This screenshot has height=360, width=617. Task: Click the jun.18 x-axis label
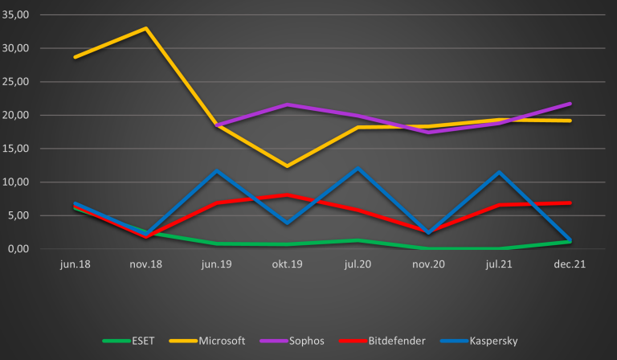[x=75, y=264]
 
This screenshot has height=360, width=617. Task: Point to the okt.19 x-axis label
[x=287, y=264]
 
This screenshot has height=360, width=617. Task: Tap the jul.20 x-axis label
[x=358, y=264]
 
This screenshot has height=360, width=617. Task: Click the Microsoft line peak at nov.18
[x=145, y=28]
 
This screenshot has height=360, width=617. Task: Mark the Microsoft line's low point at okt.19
[x=287, y=166]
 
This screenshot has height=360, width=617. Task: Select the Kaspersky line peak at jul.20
[x=358, y=169]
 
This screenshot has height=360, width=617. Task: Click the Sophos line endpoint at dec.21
[x=570, y=104]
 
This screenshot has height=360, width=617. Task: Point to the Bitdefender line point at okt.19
[x=287, y=195]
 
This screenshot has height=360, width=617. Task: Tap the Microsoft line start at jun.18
[x=75, y=57]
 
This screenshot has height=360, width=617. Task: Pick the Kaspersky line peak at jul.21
[x=500, y=172]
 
